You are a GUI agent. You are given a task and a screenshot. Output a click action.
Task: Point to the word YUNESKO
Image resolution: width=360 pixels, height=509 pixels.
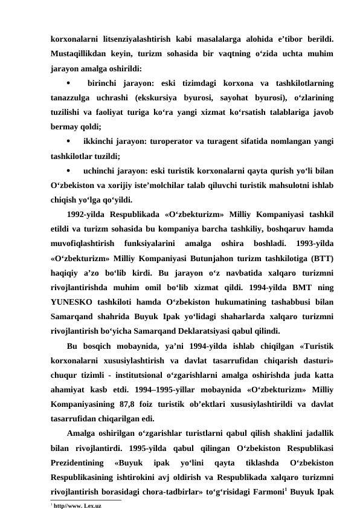click(x=73, y=303)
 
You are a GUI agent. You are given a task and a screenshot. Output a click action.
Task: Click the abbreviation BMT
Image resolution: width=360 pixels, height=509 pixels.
click(x=303, y=288)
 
